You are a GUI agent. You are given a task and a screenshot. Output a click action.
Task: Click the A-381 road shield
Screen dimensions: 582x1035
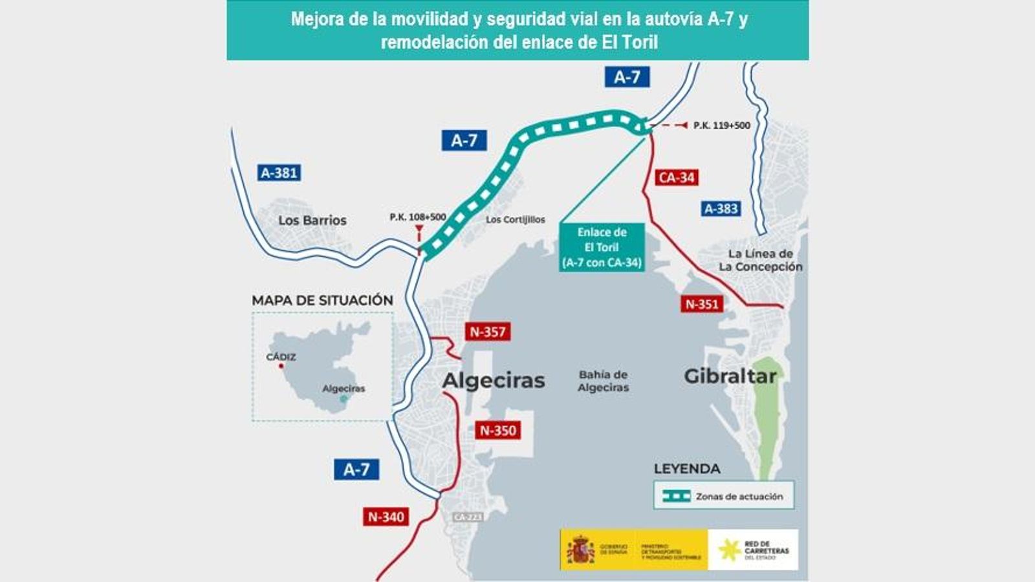[x=279, y=173]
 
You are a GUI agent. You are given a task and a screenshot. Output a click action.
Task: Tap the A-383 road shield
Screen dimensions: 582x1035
[x=721, y=209]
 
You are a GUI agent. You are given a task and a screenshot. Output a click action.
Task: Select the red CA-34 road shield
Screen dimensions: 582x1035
[x=676, y=177]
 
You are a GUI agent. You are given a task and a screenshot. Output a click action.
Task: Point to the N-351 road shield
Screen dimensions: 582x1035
[x=702, y=304]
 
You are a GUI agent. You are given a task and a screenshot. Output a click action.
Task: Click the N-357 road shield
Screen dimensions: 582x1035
[x=488, y=332]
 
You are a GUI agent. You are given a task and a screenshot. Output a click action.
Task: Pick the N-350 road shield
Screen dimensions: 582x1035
[x=498, y=430]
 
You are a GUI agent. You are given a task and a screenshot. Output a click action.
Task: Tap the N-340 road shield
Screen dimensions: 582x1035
[x=386, y=516]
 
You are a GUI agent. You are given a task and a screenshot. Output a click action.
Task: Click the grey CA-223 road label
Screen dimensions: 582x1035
[x=468, y=517]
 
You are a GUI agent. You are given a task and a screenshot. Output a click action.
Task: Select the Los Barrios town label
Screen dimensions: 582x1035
[x=312, y=221]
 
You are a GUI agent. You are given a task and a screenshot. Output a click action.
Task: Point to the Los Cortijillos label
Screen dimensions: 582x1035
[x=516, y=220]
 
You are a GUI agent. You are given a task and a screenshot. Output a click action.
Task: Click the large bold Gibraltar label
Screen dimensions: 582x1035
[x=730, y=376]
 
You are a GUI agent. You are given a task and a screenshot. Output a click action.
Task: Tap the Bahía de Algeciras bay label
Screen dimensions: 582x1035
[x=604, y=381]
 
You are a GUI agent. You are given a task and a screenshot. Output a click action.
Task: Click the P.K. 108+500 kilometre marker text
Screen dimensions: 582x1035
[x=418, y=217]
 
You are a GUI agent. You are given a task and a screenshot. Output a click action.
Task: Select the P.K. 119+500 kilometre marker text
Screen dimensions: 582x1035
[x=722, y=125]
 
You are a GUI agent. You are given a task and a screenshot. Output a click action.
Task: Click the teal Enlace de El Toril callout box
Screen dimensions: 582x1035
[x=602, y=247]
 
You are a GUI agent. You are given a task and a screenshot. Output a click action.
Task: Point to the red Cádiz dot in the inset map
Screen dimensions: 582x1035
[x=281, y=366]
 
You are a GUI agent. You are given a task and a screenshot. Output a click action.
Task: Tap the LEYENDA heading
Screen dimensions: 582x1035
[x=687, y=469]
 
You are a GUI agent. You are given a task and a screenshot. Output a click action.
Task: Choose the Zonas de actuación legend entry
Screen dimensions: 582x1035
[x=723, y=496]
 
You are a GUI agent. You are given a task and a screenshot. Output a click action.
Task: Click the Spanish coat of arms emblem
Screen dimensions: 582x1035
[x=580, y=550]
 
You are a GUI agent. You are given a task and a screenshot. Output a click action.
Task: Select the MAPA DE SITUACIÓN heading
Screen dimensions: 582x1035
[x=322, y=300]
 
